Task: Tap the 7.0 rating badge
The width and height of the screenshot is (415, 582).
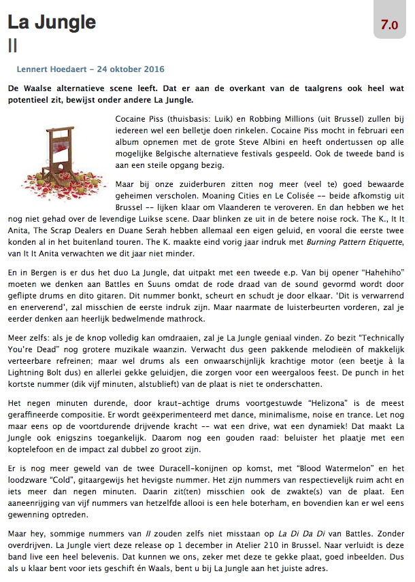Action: [389, 25]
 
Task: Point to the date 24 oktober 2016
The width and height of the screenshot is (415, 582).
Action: [131, 69]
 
